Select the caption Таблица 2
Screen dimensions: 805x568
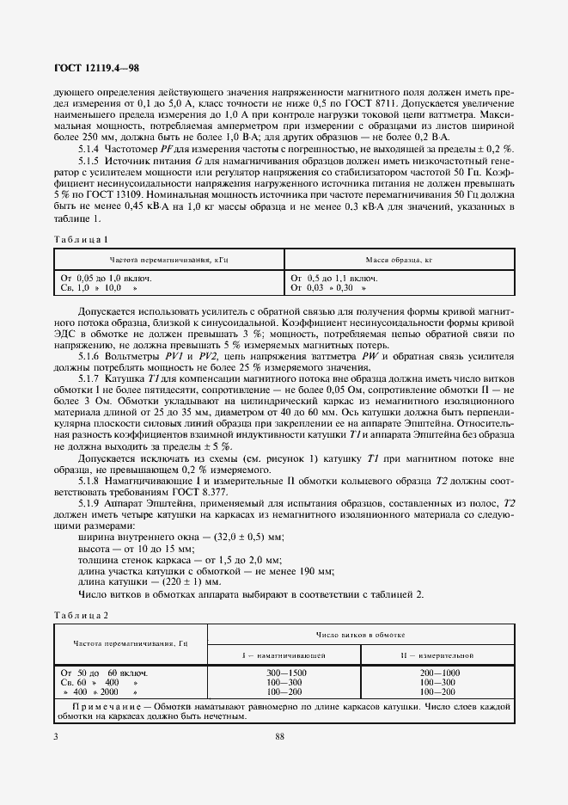coord(82,615)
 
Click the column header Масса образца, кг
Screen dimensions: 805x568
coord(400,259)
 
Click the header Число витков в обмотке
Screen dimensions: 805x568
coord(360,635)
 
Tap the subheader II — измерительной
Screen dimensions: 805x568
coord(437,655)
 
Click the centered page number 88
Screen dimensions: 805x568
coord(280,736)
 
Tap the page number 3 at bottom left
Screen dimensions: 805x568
coord(56,736)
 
